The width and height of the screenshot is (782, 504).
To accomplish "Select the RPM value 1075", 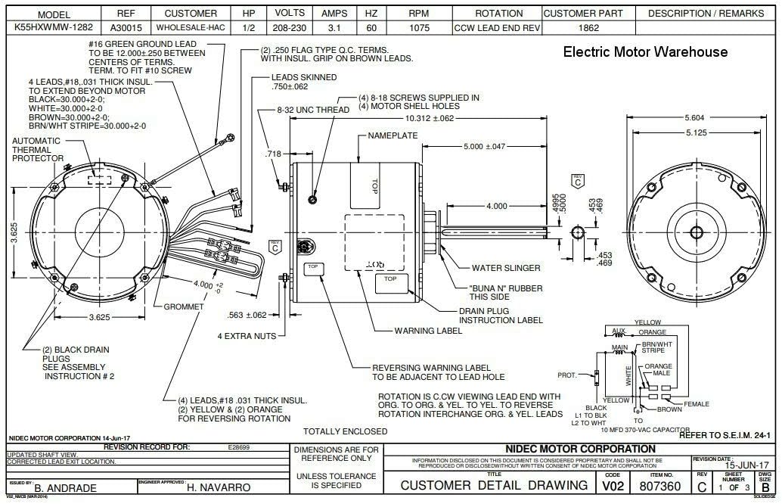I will pyautogui.click(x=417, y=28).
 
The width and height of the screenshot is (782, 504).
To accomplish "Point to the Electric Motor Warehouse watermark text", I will pyautogui.click(x=645, y=52).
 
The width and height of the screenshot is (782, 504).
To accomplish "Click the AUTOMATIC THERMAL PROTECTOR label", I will pyautogui.click(x=38, y=149).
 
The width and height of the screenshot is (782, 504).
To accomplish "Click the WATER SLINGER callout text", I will pyautogui.click(x=506, y=268).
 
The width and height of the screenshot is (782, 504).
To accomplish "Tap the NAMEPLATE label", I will pyautogui.click(x=393, y=135).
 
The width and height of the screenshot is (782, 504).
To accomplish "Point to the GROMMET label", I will pyautogui.click(x=185, y=307).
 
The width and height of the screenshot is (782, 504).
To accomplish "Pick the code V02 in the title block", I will pyautogui.click(x=613, y=484).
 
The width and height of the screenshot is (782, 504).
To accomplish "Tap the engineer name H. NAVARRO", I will pyautogui.click(x=219, y=488).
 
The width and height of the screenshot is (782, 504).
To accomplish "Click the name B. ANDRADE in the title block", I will pyautogui.click(x=67, y=488).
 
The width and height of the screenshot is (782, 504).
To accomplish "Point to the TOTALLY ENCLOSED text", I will pyautogui.click(x=346, y=431).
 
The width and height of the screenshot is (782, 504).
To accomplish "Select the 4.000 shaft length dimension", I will pyautogui.click(x=496, y=206).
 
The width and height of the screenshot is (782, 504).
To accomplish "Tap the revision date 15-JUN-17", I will pyautogui.click(x=746, y=465).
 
